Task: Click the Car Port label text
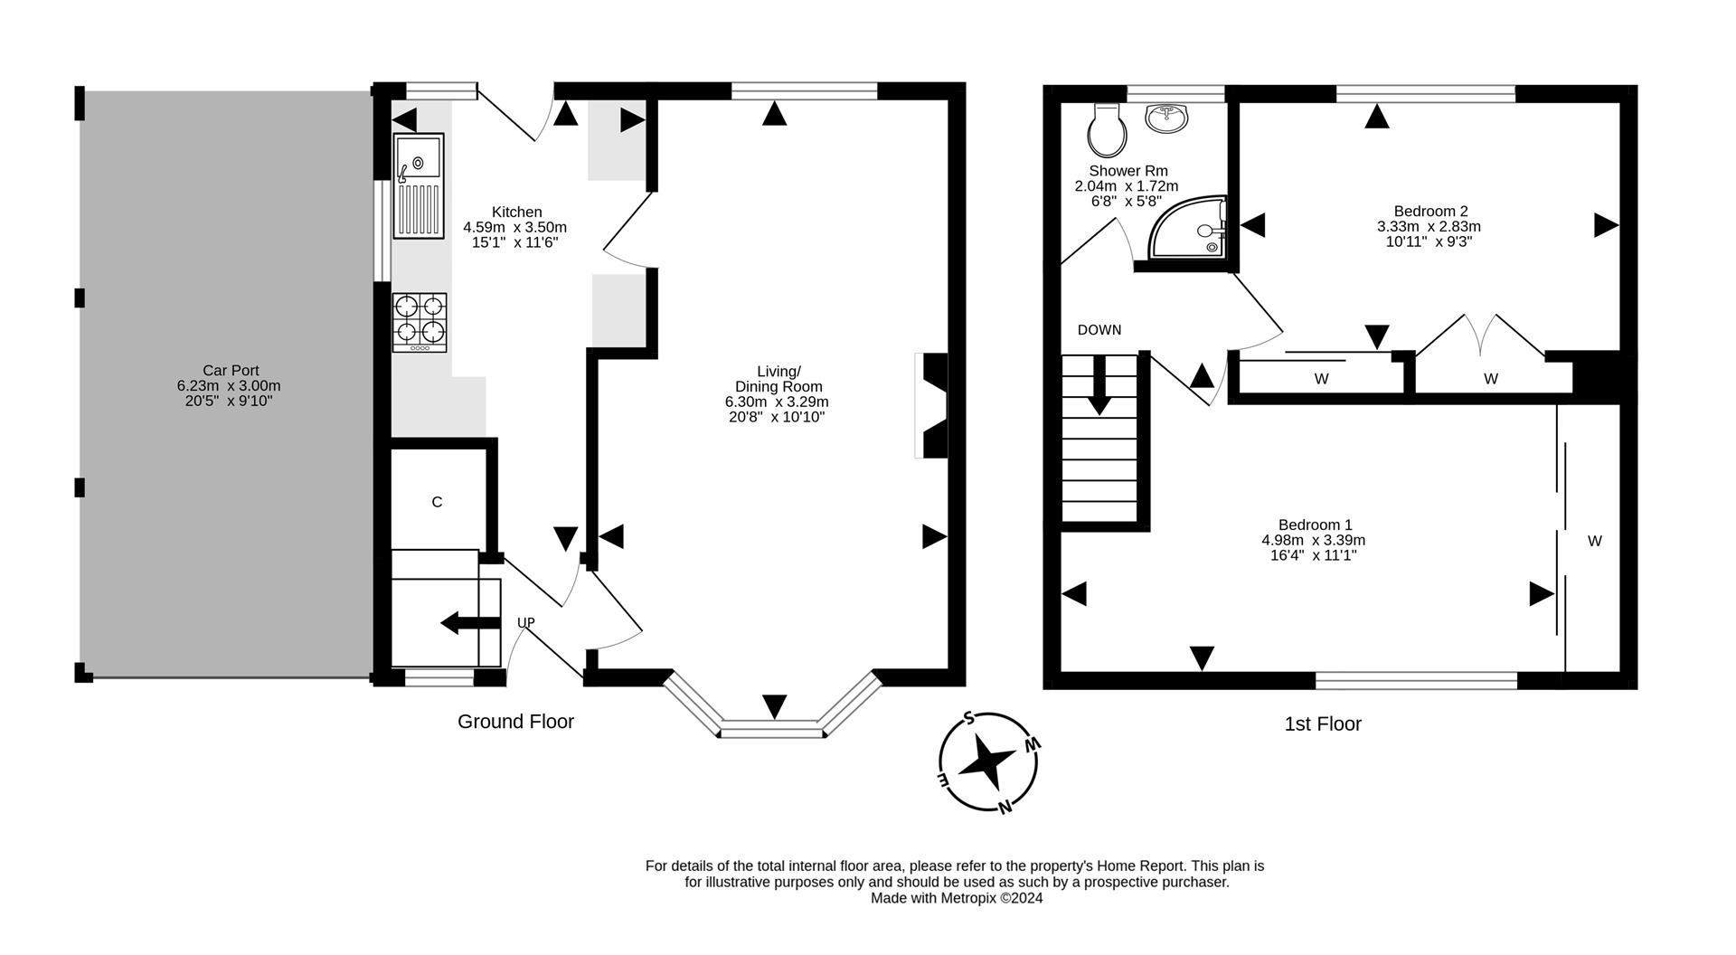[230, 370]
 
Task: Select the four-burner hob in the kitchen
[420, 322]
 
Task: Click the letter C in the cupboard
[437, 502]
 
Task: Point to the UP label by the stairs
[525, 622]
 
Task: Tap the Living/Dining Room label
[777, 379]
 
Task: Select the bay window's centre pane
[771, 728]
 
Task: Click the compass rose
[987, 762]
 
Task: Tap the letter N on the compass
[1004, 807]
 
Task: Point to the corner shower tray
[1188, 231]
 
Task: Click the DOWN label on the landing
[1099, 330]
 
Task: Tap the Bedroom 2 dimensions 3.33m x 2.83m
[1429, 226]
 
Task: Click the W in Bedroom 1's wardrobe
[1594, 541]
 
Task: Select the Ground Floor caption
[515, 722]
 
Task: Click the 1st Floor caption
[1322, 723]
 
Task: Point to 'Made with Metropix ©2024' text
[956, 898]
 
